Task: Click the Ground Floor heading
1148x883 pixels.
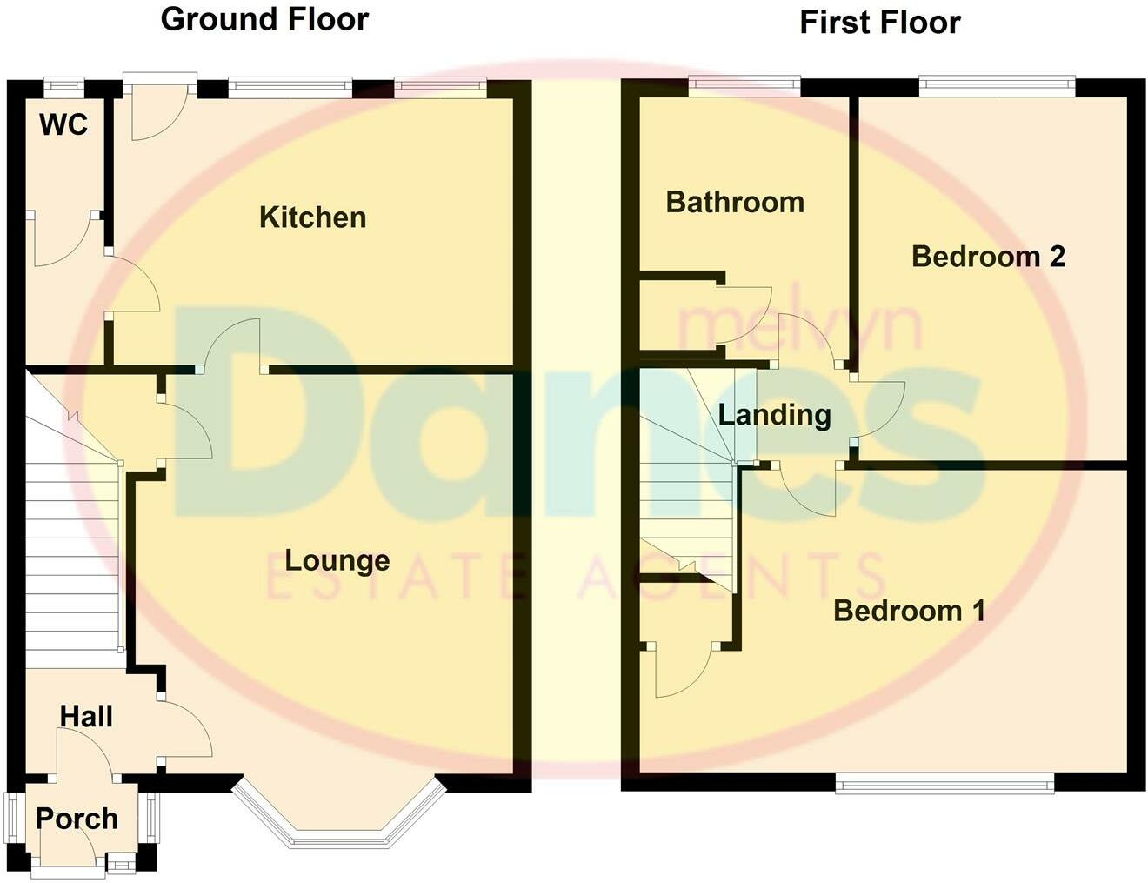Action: coord(264,19)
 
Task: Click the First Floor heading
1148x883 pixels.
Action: coord(879,23)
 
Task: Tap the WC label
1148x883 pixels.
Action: coord(63,125)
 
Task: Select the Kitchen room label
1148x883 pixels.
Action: coord(312,217)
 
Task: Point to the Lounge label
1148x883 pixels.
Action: coord(337,561)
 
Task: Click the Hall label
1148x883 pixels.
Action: coord(86,717)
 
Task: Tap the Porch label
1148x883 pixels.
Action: coord(77,819)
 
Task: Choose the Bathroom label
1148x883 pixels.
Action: coord(735,203)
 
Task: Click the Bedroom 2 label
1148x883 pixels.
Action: coord(988,257)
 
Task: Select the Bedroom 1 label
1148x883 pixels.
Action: coord(909,611)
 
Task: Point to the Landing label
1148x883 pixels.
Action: coord(774,415)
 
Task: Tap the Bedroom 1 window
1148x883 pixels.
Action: coord(944,785)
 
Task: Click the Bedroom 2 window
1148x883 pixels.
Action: coord(997,85)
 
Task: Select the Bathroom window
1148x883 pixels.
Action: coord(744,84)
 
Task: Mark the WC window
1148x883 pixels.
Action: coord(64,85)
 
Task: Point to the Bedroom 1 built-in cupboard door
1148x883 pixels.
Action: coord(683,670)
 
